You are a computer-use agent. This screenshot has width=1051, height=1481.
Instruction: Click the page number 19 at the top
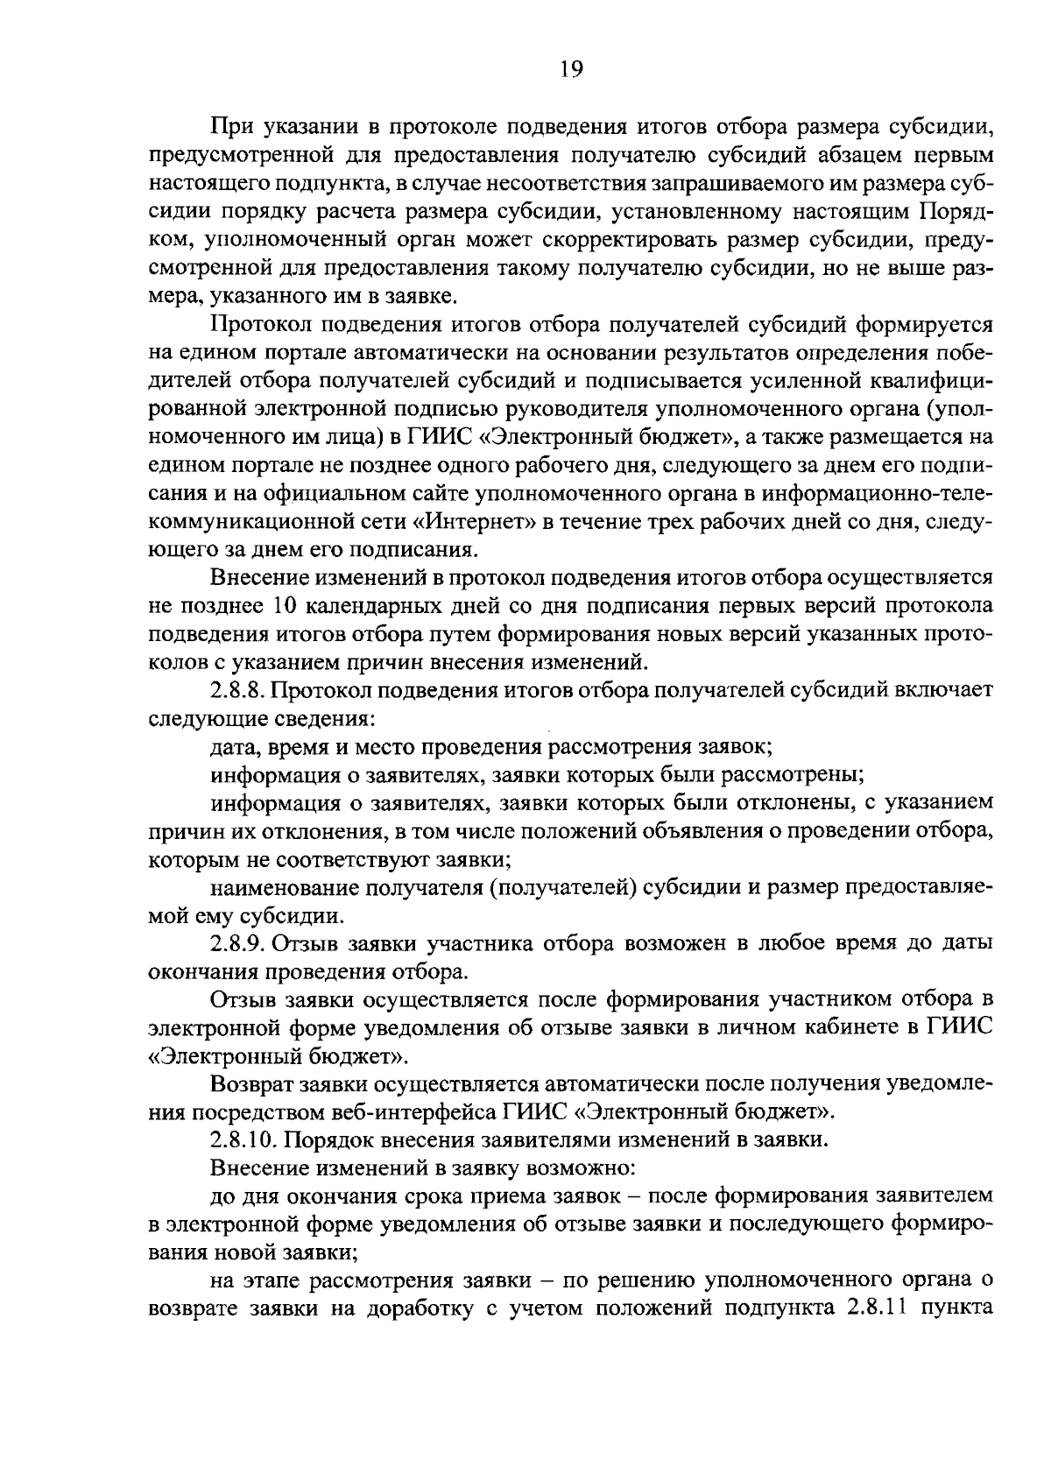pos(570,70)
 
